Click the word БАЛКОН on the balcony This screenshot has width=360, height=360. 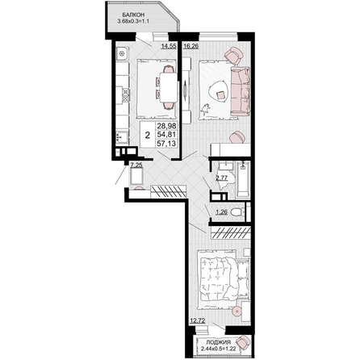[x=132, y=15]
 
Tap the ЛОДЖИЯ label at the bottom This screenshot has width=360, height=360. [x=218, y=342]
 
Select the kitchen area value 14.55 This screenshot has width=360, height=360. [x=169, y=46]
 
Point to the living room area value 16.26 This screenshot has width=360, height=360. [x=190, y=46]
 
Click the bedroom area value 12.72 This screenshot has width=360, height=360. [x=198, y=320]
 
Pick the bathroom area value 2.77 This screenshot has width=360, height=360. [x=222, y=178]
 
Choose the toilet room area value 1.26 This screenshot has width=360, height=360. [x=222, y=212]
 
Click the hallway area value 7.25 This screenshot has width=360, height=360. [x=136, y=165]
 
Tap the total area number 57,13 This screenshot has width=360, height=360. [x=166, y=144]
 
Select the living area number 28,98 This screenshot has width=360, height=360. [x=166, y=125]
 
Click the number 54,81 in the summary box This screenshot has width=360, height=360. [x=166, y=134]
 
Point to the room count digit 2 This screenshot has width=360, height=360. [x=148, y=135]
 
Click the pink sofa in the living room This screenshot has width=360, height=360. [x=240, y=91]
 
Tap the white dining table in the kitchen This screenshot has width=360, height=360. [x=169, y=87]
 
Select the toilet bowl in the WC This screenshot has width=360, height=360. [x=237, y=212]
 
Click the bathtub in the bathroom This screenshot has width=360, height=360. [x=243, y=180]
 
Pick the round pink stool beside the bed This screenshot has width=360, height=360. [x=237, y=312]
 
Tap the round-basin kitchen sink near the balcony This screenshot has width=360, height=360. [x=123, y=53]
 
